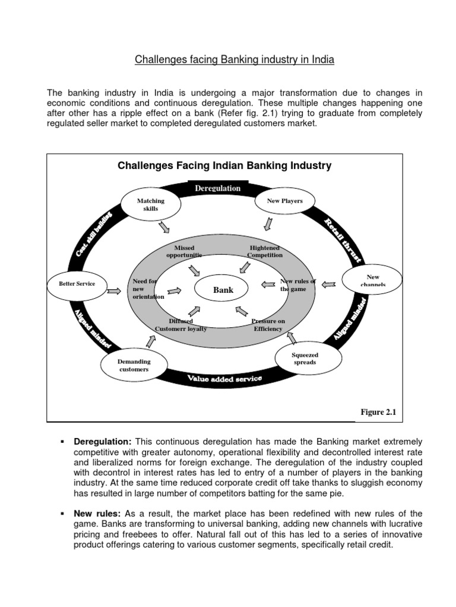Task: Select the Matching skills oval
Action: [150, 205]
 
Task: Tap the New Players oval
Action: [284, 202]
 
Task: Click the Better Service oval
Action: [77, 284]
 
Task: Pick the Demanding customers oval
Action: [134, 365]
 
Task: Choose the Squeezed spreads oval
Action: [304, 358]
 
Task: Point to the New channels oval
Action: [372, 280]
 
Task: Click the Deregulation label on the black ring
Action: [218, 189]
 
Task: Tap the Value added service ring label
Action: [224, 379]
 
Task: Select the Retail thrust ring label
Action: [343, 239]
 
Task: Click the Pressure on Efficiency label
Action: [268, 325]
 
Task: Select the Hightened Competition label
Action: [265, 251]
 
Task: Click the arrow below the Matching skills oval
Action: [164, 227]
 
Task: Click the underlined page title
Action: [234, 60]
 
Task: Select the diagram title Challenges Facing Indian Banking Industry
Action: [224, 165]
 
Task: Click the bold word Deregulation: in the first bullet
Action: [102, 442]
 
